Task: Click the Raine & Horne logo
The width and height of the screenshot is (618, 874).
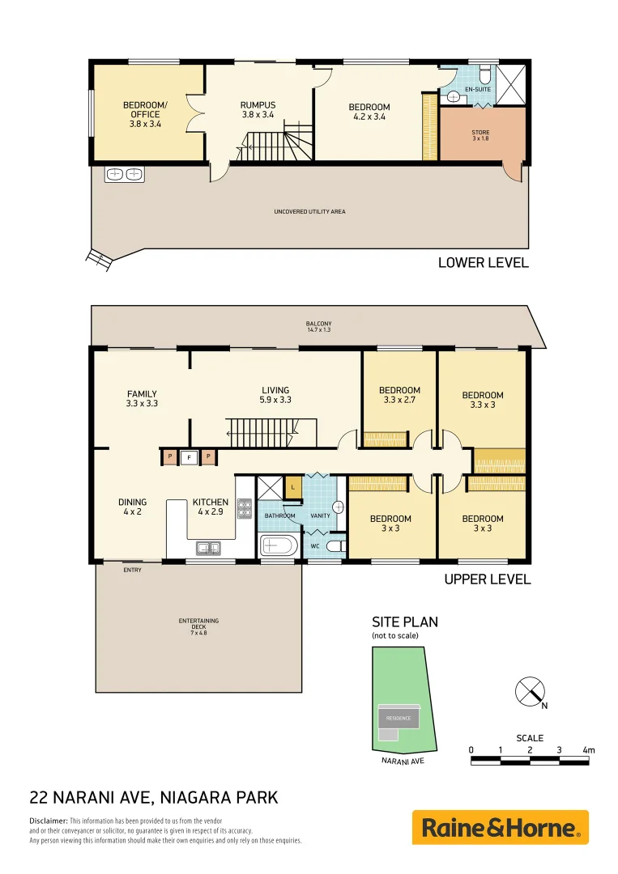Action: coord(500,828)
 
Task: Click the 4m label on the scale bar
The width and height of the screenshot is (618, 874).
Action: coord(588,750)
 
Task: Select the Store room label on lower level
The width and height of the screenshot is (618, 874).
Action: coord(480,135)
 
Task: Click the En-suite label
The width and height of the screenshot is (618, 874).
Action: coord(478,89)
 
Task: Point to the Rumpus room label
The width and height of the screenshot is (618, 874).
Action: coord(258,110)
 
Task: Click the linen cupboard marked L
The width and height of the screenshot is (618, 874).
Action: coord(292,488)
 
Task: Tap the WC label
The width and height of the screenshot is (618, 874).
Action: coord(315,546)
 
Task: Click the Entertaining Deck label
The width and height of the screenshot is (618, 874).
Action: coord(198,626)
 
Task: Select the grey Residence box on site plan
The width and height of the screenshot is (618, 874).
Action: coord(398,718)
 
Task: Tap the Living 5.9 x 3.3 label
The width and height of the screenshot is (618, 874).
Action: coord(275,395)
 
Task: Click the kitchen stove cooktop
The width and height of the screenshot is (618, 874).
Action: coord(244,507)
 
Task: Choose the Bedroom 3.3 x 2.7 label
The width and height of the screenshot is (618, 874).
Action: coord(399,395)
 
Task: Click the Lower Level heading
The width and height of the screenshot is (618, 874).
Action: coord(483,262)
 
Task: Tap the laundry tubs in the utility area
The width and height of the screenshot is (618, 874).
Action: coord(124,174)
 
